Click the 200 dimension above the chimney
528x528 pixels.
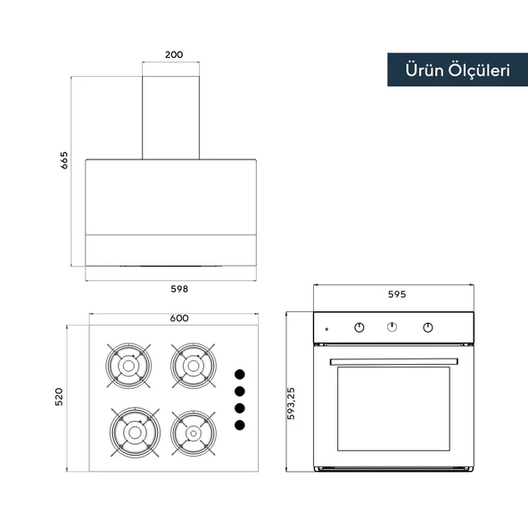pos(174,54)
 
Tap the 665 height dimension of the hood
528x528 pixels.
pos(63,161)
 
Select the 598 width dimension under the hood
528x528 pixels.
pos(179,289)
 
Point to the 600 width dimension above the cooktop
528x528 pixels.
pos(179,318)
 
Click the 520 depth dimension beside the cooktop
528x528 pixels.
pos(59,397)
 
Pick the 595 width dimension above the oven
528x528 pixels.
pos(397,294)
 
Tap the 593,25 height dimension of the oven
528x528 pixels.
pos(291,403)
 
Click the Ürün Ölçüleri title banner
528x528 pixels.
pos(458,70)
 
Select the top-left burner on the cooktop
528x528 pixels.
pos(128,366)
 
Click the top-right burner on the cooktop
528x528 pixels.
pos(194,366)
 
